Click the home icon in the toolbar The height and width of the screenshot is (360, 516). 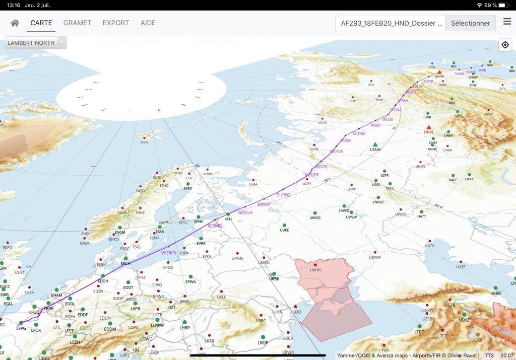coord(15,23)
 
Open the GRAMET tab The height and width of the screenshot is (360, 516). coord(77,23)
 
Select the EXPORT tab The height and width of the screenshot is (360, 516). coord(116,23)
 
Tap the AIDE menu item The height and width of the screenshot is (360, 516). coord(148,23)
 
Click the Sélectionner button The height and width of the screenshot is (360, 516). coord(470,23)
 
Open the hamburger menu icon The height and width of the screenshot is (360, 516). coord(507,22)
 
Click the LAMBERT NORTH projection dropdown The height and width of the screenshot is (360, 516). coord(35,43)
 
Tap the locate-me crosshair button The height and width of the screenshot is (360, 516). coord(505,45)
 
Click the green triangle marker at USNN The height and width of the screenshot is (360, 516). coord(375,145)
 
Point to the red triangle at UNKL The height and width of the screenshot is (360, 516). coord(429,127)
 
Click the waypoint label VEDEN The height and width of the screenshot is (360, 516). coord(168,252)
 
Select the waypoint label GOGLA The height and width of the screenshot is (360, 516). coord(245,212)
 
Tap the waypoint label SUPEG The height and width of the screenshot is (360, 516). coord(284,195)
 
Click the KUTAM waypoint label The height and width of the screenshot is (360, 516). coord(359,133)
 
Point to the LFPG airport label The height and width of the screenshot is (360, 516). coord(21,328)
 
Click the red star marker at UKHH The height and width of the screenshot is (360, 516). coord(315,264)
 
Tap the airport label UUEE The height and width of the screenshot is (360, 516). coord(284,230)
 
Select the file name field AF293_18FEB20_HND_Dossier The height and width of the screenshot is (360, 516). coord(391,23)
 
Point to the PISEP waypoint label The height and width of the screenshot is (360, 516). coord(375,125)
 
